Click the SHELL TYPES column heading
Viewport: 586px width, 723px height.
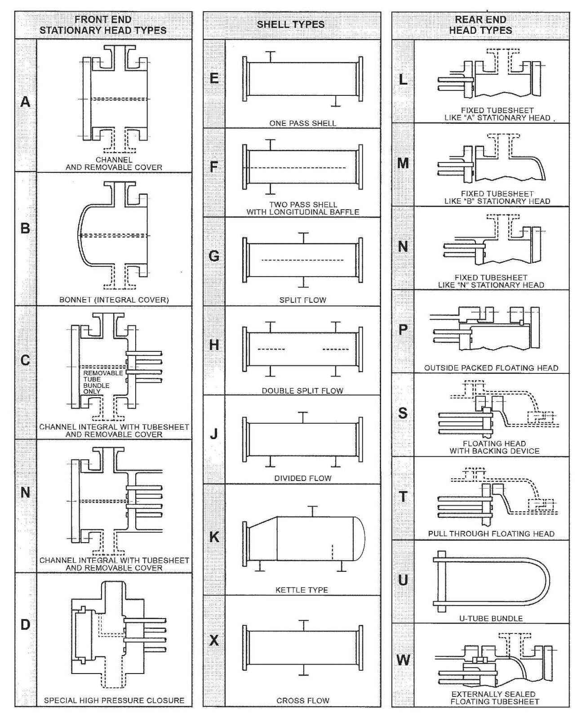[291, 24]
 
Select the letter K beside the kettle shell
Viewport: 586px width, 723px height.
[214, 537]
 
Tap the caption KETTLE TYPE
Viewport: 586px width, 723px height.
[302, 590]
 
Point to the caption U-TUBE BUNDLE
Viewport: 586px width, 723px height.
[491, 618]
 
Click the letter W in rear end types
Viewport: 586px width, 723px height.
[403, 660]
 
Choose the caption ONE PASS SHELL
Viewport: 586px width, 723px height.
[302, 123]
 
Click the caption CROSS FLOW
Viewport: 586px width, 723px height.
[302, 701]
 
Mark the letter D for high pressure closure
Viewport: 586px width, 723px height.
[26, 624]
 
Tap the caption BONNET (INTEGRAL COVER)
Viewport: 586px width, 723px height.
[114, 300]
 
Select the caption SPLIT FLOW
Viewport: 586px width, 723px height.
[302, 300]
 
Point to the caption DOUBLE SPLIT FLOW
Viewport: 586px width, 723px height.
[302, 391]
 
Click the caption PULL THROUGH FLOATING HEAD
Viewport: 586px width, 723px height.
[491, 534]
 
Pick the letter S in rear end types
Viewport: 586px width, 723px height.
[403, 413]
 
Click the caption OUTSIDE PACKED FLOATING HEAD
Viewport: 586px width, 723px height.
[491, 368]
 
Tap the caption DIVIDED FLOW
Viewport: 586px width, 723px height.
[302, 478]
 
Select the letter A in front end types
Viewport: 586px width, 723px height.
[26, 102]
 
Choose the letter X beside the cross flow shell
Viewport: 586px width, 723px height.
[214, 640]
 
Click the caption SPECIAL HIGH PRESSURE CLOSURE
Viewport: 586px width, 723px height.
[114, 701]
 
